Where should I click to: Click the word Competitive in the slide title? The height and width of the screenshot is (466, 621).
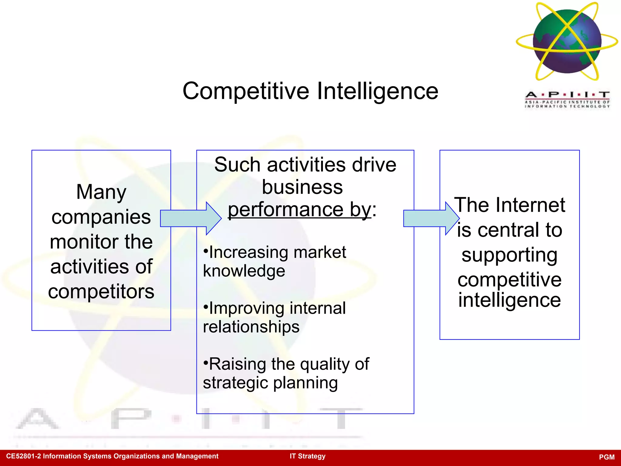tap(246, 91)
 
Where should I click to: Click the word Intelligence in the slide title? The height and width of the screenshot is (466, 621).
tap(378, 91)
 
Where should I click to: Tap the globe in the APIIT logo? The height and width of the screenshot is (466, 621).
tap(567, 41)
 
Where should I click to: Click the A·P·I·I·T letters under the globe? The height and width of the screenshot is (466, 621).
tap(567, 95)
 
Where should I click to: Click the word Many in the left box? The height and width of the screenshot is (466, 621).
tap(101, 192)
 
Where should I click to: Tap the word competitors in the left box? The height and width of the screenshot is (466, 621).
tap(101, 292)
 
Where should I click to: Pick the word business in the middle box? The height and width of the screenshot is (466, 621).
tap(302, 187)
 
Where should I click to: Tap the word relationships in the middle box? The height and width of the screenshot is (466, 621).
tap(251, 327)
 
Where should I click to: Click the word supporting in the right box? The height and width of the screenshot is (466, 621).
tap(509, 255)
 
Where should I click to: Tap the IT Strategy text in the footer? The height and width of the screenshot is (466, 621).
tap(307, 456)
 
